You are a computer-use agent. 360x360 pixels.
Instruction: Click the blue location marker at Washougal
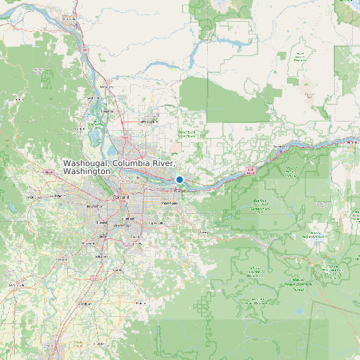tap(179, 179)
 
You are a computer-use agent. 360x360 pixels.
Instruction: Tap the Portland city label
tap(122, 197)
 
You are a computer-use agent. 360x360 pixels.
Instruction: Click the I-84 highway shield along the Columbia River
tap(250, 171)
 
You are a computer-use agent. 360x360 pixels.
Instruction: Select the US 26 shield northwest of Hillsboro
tap(48, 173)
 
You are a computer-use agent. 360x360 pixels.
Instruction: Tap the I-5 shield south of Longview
tap(86, 49)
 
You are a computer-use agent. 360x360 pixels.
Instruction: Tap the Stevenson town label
tap(278, 147)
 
